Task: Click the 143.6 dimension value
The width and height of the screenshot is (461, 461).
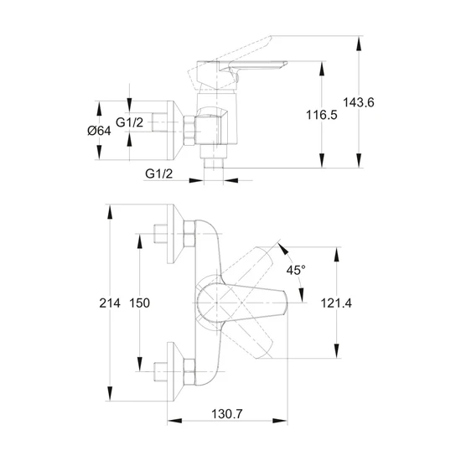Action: coord(359,102)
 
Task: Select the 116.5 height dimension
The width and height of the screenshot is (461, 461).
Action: coord(322,115)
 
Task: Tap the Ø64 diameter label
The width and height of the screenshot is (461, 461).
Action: coord(99,131)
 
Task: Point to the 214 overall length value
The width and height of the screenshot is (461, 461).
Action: coord(110,303)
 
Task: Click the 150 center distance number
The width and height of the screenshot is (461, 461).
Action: coord(140,303)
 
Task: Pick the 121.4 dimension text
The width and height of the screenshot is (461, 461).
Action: coord(336,303)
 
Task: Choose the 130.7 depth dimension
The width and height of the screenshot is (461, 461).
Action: coord(227,414)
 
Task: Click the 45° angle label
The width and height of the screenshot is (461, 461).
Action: coord(296,270)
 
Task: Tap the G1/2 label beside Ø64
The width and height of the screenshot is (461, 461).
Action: coord(129,122)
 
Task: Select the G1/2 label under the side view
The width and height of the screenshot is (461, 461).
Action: coord(158,174)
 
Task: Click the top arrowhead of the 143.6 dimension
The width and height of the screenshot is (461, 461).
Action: coord(359,44)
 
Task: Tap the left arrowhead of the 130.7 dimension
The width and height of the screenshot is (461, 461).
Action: coord(174,421)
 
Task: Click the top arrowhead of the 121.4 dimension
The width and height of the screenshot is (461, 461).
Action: coord(337,254)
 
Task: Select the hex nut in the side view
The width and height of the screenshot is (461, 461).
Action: coord(189,130)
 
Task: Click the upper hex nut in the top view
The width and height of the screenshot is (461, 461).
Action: coord(189,234)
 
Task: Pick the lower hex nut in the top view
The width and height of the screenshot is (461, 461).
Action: coord(189,371)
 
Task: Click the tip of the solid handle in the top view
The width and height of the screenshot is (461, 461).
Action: coord(286,303)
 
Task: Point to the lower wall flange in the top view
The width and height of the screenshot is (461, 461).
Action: coord(175,371)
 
